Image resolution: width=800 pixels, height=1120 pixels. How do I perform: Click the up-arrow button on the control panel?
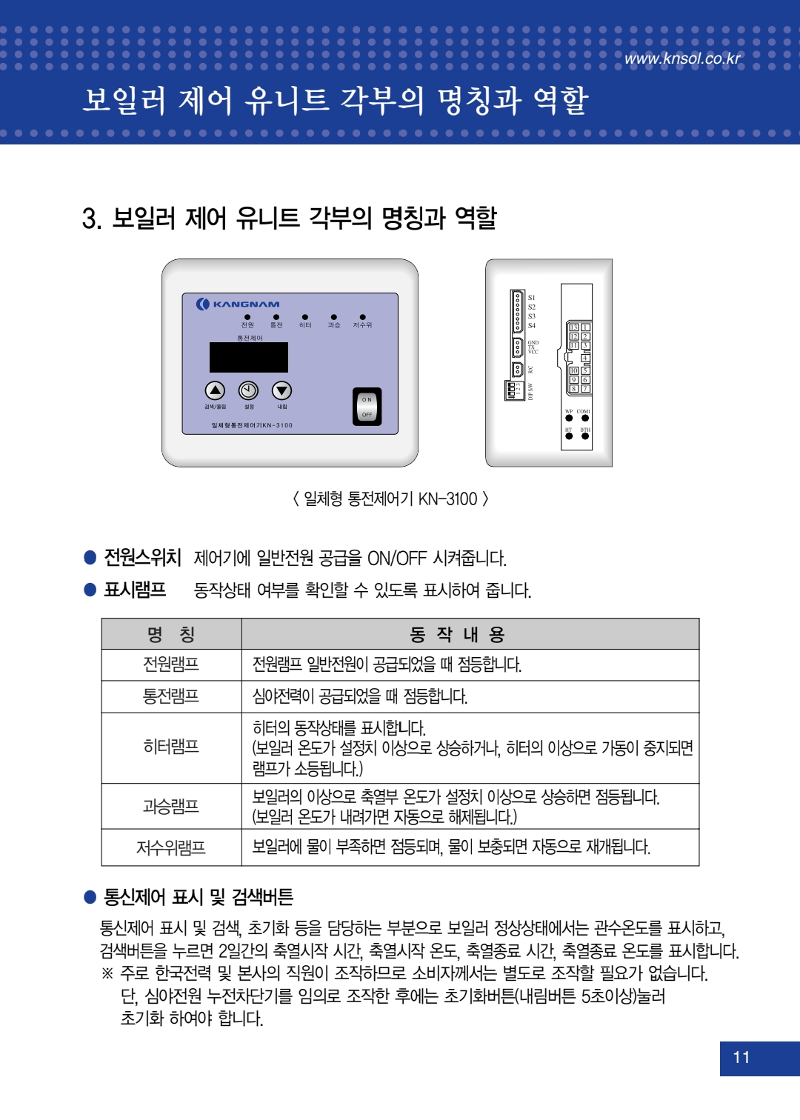point(215,390)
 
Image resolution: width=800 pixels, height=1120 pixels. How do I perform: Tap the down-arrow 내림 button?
point(281,390)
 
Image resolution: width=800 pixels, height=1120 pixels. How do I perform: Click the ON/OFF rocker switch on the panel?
point(367,407)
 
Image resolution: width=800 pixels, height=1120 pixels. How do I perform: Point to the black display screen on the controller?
point(249,357)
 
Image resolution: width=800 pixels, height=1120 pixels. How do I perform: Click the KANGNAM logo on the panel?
point(238,304)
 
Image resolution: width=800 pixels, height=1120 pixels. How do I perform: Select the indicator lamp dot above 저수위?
point(362,317)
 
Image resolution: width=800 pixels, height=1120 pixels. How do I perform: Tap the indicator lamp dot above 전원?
point(247,317)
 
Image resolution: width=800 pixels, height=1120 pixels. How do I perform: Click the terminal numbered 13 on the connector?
point(573,327)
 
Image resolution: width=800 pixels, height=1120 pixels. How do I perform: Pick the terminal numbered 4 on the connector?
point(585,359)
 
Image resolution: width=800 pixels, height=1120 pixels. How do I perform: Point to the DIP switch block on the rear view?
point(513,390)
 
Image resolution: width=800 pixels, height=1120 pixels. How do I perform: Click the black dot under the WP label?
point(569,419)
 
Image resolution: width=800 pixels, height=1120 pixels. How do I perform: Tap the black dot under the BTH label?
point(585,436)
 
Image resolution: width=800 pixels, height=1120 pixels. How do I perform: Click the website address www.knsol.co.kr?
point(682,59)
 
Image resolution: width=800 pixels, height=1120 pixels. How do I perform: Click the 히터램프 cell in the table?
point(171,747)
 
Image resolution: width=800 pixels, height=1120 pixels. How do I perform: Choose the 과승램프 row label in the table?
point(171,806)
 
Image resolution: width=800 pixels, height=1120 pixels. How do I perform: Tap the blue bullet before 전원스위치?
point(90,557)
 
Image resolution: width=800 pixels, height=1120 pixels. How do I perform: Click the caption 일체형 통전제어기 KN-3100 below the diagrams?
point(390,499)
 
